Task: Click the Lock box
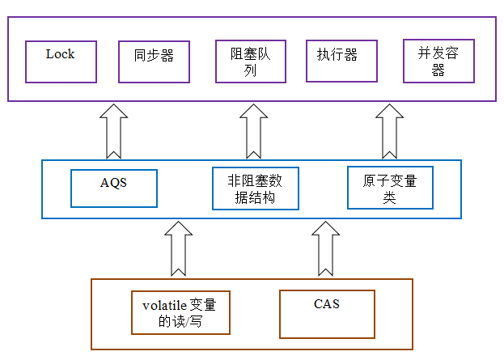(x=61, y=62)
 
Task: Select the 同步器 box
(x=153, y=62)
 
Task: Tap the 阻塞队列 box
(x=250, y=62)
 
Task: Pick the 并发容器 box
(x=438, y=62)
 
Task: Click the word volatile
(x=164, y=306)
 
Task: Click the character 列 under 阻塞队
(x=250, y=70)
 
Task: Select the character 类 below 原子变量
(x=389, y=197)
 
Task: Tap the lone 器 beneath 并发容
(x=438, y=70)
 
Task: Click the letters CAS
(x=327, y=304)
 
